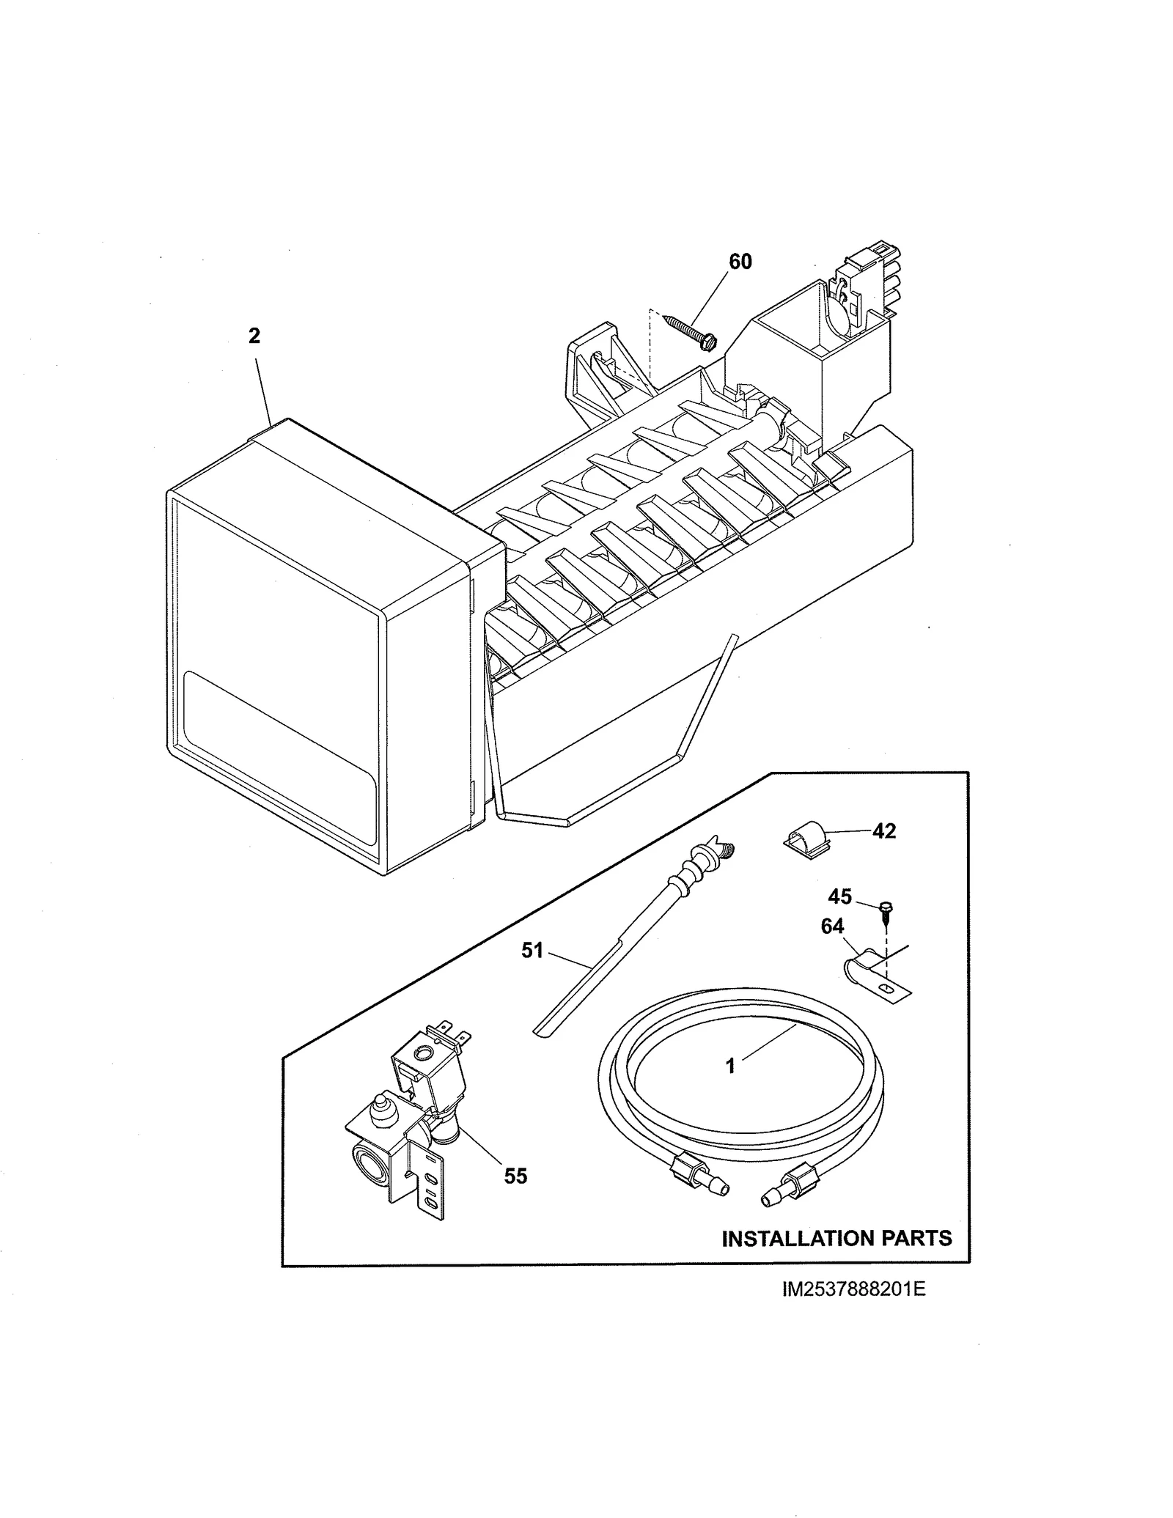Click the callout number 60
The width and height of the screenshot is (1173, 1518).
[x=740, y=262]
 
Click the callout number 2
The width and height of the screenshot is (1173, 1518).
[x=254, y=336]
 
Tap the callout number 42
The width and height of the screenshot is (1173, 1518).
[x=884, y=831]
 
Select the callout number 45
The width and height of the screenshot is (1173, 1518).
[x=840, y=896]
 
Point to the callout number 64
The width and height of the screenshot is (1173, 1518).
[x=832, y=926]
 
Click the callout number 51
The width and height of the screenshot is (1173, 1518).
[x=532, y=951]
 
